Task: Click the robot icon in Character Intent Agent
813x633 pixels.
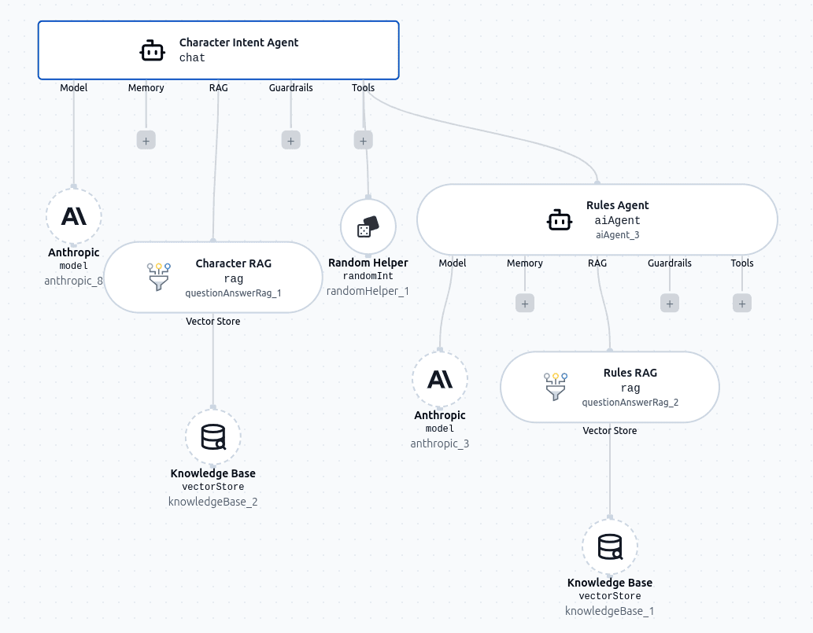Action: tap(152, 50)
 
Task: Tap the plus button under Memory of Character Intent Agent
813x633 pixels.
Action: tap(146, 140)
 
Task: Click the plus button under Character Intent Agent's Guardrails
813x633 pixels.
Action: tap(290, 140)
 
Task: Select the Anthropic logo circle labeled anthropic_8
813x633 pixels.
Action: tap(74, 215)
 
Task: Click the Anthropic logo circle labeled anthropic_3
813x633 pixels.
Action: tap(440, 379)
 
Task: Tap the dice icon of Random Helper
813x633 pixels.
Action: tap(368, 227)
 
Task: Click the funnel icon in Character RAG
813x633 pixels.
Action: tap(159, 277)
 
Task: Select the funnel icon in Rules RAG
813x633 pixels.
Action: tap(556, 386)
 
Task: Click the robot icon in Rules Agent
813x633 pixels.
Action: tap(560, 220)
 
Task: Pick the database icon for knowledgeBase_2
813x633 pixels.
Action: tap(213, 437)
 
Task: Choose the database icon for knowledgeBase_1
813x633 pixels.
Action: tap(610, 547)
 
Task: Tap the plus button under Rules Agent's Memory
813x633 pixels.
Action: tap(525, 303)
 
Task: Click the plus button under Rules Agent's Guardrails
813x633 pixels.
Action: tap(670, 303)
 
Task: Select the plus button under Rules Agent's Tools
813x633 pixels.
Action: tap(742, 303)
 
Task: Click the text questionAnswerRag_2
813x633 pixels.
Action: tap(630, 403)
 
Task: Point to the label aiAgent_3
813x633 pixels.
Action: tap(617, 235)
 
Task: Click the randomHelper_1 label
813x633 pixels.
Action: tap(368, 291)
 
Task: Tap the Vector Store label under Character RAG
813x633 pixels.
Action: tap(213, 322)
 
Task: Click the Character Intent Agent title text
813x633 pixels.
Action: tap(238, 42)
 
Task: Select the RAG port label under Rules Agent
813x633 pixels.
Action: tap(597, 263)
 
